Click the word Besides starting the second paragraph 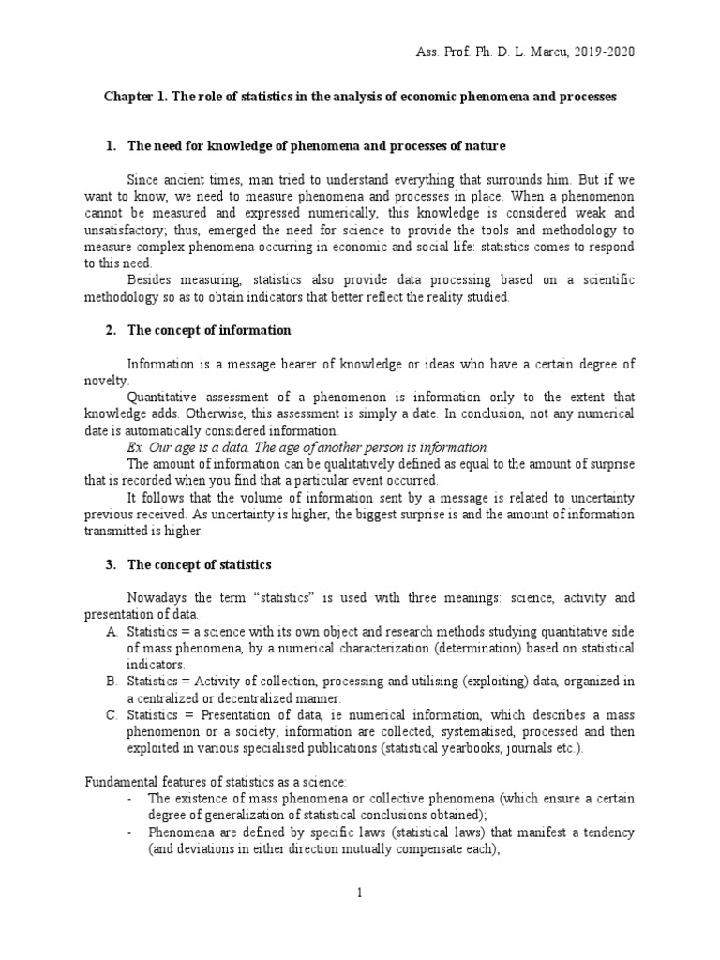(152, 280)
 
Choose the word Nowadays (157, 598)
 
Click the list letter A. (112, 632)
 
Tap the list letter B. (112, 682)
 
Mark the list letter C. (112, 716)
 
